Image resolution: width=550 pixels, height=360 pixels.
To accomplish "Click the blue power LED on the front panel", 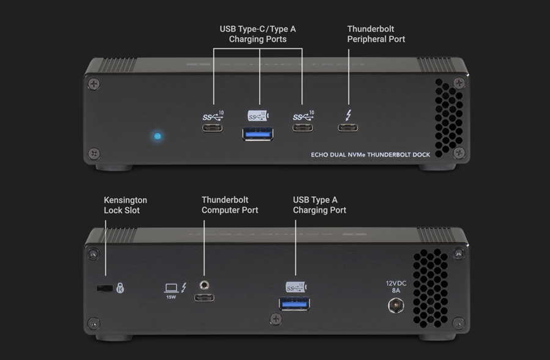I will tap(158, 136).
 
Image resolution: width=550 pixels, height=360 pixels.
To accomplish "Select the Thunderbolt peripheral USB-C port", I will tap(348, 128).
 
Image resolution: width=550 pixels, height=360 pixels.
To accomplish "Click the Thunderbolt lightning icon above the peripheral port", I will tap(348, 115).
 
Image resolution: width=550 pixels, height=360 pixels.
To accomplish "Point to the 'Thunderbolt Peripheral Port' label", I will tap(376, 34).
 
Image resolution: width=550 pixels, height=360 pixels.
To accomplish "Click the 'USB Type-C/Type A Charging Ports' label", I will tap(258, 34).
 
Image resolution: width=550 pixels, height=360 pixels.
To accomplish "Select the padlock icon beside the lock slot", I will tap(120, 288).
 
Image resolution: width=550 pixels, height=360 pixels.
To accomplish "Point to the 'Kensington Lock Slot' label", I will tap(125, 205).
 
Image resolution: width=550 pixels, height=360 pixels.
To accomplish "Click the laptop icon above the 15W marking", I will tap(171, 287).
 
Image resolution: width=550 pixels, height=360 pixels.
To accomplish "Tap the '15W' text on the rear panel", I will tap(171, 297).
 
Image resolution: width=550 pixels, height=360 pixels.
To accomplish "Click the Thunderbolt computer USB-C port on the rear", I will tap(204, 298).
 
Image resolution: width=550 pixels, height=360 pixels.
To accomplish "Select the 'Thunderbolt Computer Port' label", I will tap(230, 205).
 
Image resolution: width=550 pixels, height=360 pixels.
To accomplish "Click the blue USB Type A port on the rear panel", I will tap(295, 303).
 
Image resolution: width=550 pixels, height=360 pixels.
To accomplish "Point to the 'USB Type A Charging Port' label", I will tap(320, 205).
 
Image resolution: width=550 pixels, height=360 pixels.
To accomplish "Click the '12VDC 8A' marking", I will tap(396, 287).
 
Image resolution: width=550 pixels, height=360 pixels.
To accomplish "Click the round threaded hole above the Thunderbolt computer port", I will tap(204, 284).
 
